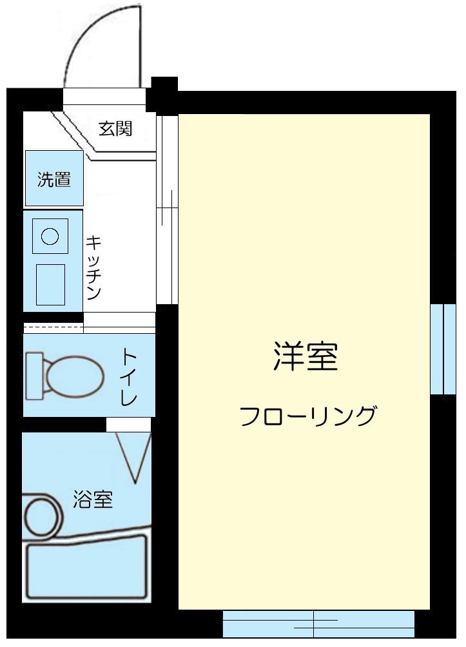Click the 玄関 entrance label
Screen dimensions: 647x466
click(x=115, y=128)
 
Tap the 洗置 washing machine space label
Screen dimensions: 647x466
click(x=53, y=180)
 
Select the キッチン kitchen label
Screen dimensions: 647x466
click(x=94, y=267)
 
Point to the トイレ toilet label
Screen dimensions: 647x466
click(x=130, y=376)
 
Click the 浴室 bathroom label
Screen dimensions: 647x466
click(x=93, y=499)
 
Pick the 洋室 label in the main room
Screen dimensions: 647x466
click(x=306, y=356)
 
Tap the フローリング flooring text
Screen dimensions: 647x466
click(x=307, y=416)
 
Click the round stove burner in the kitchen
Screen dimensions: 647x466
click(x=50, y=236)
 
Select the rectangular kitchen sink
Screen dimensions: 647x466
click(x=50, y=284)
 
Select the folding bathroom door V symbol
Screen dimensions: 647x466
click(x=135, y=457)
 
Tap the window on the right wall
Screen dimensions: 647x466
click(x=443, y=349)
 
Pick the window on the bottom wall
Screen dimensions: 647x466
click(x=318, y=623)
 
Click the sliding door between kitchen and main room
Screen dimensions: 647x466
click(x=167, y=209)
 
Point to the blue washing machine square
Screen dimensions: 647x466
click(x=54, y=179)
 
